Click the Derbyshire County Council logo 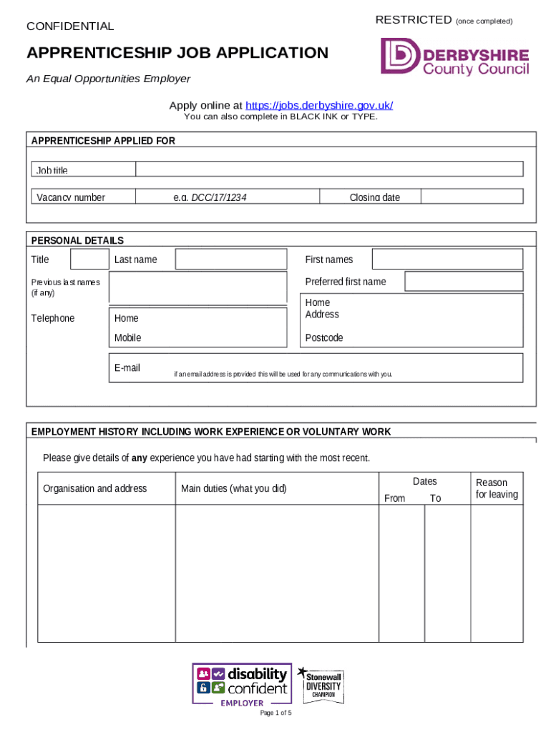(x=454, y=57)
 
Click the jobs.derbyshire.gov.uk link (x=319, y=106)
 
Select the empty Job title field (x=329, y=169)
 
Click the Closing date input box (x=472, y=197)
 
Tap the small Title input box (x=89, y=259)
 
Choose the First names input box (x=447, y=259)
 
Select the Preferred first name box (x=464, y=281)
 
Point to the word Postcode (x=324, y=337)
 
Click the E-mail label (x=127, y=368)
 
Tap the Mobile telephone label (x=128, y=337)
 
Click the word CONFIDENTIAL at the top (x=70, y=26)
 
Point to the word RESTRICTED (x=414, y=20)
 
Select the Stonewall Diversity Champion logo (x=321, y=683)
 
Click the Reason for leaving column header (x=497, y=488)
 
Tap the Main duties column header (x=233, y=488)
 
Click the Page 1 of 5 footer (x=275, y=713)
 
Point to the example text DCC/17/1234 (x=219, y=197)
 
